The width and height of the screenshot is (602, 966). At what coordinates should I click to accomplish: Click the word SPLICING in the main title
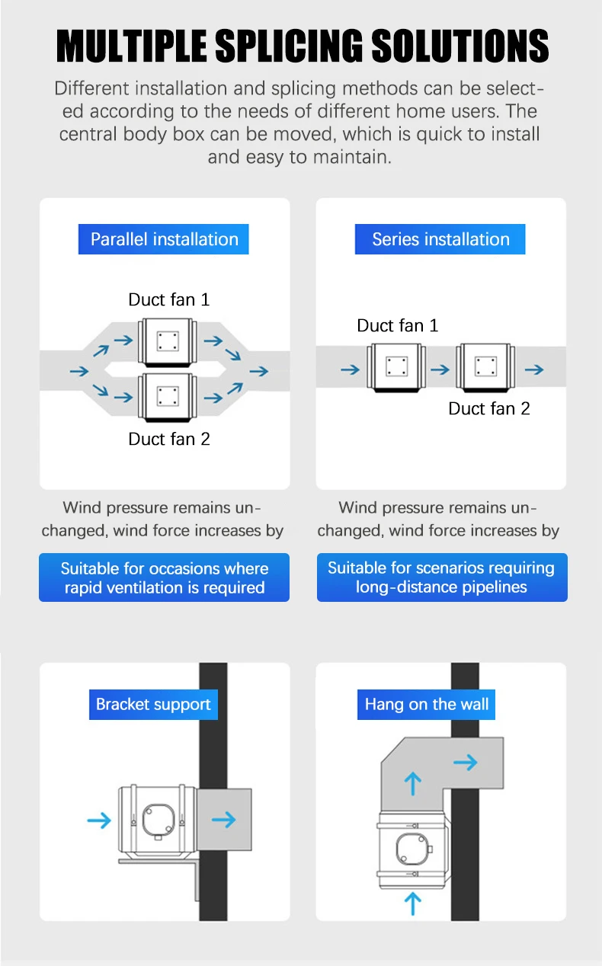[289, 45]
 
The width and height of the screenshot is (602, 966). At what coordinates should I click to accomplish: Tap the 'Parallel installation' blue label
[163, 239]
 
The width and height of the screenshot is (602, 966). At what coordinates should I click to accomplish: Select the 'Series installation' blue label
[440, 239]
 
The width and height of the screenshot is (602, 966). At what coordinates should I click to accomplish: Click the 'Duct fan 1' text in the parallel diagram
[169, 299]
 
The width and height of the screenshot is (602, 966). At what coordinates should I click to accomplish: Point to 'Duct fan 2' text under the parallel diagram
[169, 439]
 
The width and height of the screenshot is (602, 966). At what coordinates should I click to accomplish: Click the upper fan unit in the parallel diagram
[168, 342]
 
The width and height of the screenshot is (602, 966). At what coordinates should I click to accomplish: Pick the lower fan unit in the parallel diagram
[168, 397]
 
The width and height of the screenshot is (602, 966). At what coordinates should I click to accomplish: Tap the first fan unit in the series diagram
[396, 367]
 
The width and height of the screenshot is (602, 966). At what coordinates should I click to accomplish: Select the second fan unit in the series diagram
[485, 367]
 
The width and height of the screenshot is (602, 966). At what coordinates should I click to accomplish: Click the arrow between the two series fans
[440, 369]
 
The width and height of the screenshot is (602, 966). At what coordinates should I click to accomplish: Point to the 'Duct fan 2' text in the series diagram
[489, 408]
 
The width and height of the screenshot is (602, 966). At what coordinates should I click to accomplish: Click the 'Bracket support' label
[153, 704]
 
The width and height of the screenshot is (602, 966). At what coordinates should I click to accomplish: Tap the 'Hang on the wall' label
[426, 704]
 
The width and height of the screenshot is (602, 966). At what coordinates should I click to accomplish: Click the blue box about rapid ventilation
[164, 577]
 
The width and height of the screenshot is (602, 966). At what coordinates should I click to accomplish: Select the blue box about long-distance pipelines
[442, 577]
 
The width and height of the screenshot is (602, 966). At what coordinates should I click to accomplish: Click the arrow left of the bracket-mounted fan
[99, 820]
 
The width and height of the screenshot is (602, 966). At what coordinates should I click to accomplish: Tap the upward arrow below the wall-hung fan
[413, 904]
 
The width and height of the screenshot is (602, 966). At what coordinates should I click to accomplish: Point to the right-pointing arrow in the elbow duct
[466, 763]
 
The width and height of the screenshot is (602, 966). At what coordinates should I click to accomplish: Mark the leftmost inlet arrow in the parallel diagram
[79, 371]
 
